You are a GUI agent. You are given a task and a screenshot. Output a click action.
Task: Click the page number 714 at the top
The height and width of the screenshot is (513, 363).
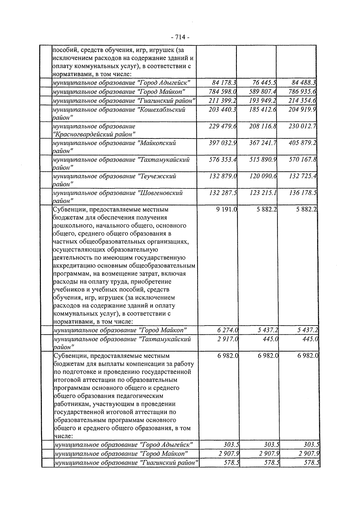click(180, 37)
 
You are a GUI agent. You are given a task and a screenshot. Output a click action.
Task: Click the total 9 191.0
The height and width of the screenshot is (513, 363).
click(227, 209)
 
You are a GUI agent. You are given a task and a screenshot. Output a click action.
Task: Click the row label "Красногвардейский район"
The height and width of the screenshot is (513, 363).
click(94, 134)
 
